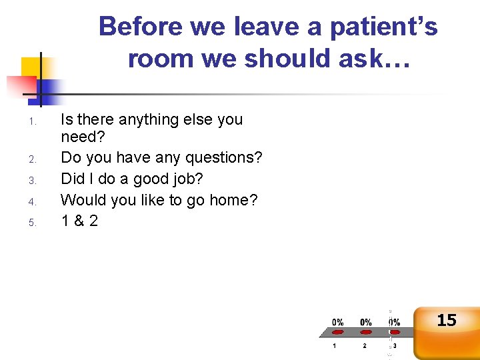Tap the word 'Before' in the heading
click(x=141, y=27)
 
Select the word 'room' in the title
click(x=160, y=59)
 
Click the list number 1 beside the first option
click(x=31, y=121)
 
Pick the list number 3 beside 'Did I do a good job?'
click(x=31, y=180)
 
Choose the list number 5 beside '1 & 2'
click(x=31, y=223)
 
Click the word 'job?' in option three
click(x=187, y=179)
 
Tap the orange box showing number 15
click(x=446, y=327)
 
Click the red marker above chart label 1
click(x=338, y=332)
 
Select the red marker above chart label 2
click(x=365, y=332)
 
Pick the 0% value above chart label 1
click(x=338, y=322)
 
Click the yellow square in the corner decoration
click(x=30, y=67)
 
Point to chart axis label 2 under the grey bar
click(x=365, y=345)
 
